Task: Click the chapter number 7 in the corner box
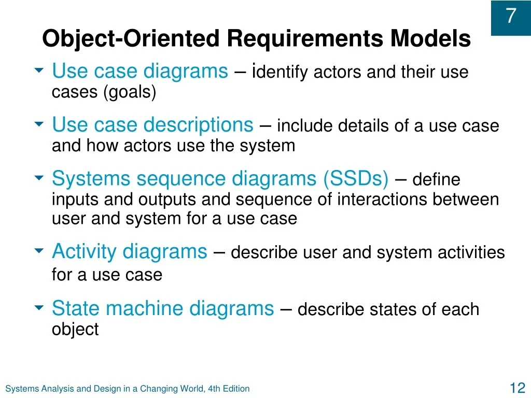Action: click(x=511, y=16)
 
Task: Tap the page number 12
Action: click(x=517, y=388)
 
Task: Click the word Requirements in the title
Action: click(x=305, y=38)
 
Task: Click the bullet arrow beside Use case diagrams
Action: click(x=39, y=70)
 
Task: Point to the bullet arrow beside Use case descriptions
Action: click(x=39, y=124)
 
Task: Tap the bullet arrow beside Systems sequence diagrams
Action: click(x=39, y=177)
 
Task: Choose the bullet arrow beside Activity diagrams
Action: click(x=39, y=250)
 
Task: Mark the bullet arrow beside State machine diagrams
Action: click(x=39, y=307)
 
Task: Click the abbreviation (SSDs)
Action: click(x=356, y=178)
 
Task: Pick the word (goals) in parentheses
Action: click(x=130, y=92)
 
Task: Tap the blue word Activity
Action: click(x=84, y=252)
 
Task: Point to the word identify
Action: click(x=280, y=72)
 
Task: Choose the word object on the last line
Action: click(x=75, y=329)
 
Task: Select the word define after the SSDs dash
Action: click(x=436, y=179)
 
